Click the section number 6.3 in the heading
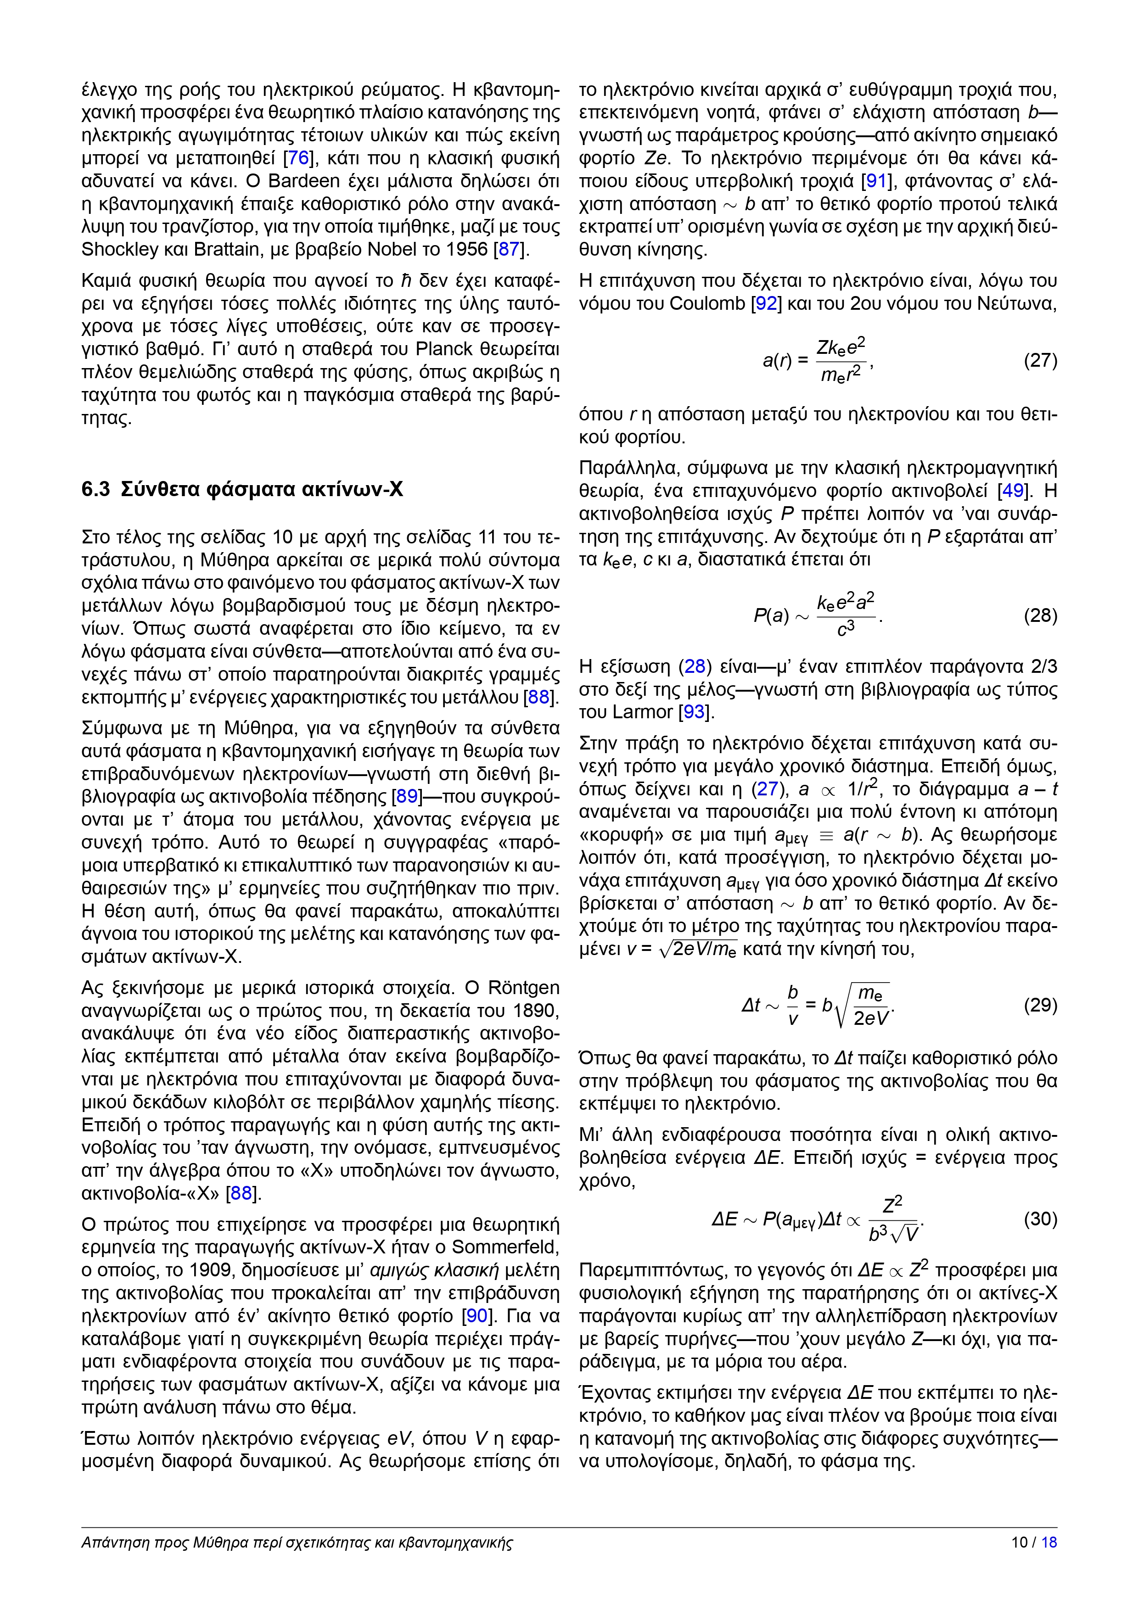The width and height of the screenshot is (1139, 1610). [x=95, y=489]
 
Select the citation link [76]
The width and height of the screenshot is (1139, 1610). [x=299, y=158]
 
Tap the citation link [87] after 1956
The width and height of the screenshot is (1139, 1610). [x=509, y=250]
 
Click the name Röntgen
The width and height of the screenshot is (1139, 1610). [x=523, y=988]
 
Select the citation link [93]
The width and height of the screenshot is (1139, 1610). [x=694, y=712]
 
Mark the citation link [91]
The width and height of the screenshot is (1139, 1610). [x=877, y=182]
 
